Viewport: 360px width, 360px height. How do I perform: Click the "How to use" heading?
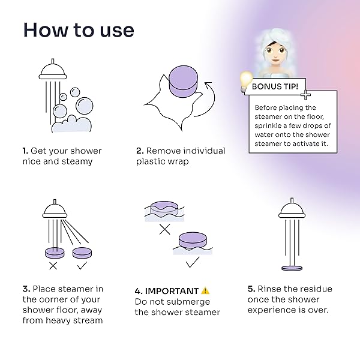click(x=79, y=30)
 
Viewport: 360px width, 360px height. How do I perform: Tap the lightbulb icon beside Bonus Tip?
click(x=246, y=81)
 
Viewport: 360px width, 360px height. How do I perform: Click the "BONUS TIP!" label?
click(x=275, y=86)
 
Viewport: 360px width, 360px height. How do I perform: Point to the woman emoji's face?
click(x=275, y=53)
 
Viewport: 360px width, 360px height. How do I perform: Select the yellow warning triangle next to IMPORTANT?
click(x=205, y=290)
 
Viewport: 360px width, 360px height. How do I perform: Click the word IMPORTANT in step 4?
click(x=172, y=291)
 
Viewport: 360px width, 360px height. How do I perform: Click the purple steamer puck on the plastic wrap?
click(x=183, y=81)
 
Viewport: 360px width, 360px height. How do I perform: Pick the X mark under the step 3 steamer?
click(x=53, y=266)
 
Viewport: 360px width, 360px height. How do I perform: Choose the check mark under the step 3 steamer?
click(x=82, y=265)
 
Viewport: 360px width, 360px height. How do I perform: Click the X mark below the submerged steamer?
click(x=165, y=229)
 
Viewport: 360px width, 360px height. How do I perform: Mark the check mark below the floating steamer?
click(x=193, y=262)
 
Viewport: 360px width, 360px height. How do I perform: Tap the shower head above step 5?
click(x=292, y=208)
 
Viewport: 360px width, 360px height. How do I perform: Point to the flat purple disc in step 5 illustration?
click(x=292, y=268)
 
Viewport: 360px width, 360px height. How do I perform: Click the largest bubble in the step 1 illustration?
click(x=85, y=106)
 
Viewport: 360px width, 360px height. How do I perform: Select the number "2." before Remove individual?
click(x=140, y=151)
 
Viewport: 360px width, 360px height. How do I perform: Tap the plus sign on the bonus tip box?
click(x=305, y=95)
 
